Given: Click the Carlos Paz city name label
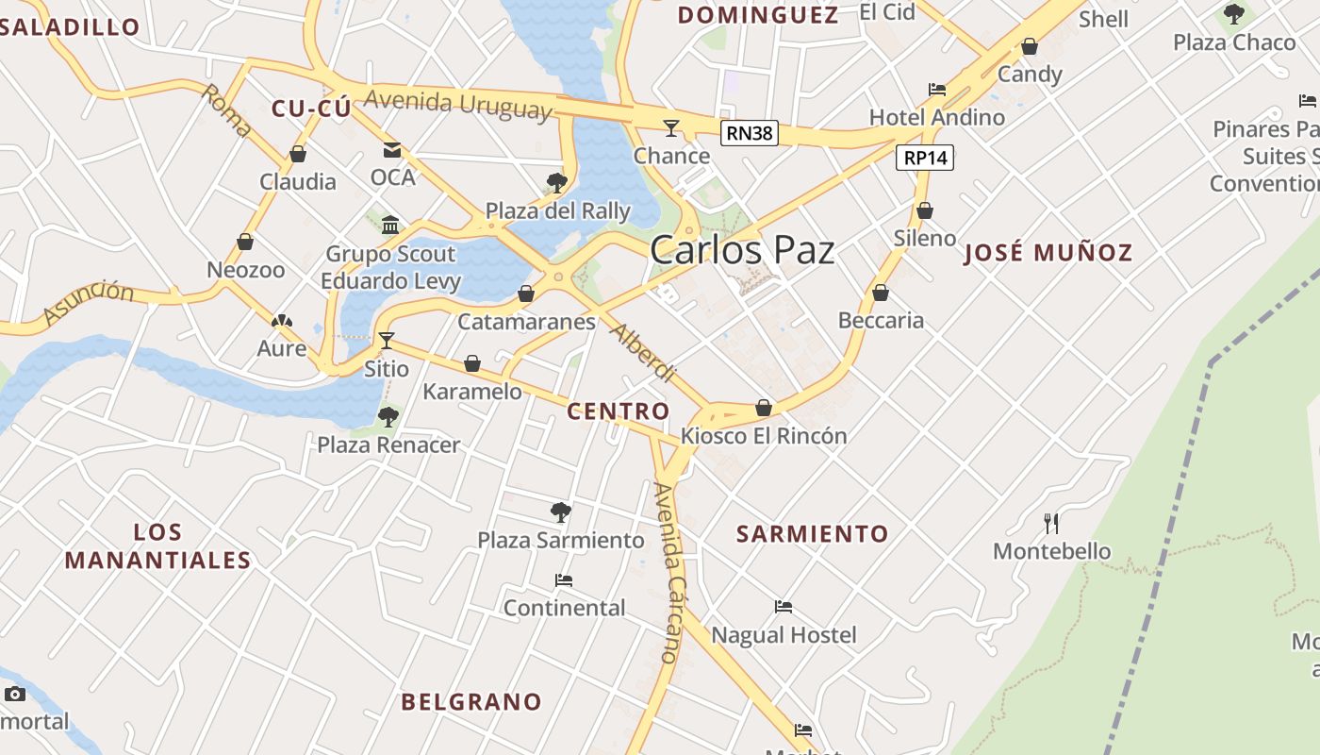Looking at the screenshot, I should click(x=742, y=250).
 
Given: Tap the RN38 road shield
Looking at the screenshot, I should click(x=750, y=133).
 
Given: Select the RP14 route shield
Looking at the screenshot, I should click(x=925, y=158).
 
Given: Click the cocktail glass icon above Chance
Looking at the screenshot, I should click(x=671, y=127).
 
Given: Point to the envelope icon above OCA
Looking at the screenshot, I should click(x=391, y=150).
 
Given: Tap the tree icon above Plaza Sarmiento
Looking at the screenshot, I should click(x=561, y=512).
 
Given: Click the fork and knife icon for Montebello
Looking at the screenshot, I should click(x=1052, y=523).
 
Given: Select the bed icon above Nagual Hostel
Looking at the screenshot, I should click(x=784, y=607).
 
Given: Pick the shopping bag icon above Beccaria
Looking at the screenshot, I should click(x=881, y=294).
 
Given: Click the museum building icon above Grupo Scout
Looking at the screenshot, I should click(x=390, y=225).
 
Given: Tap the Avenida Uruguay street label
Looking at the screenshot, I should click(x=457, y=104).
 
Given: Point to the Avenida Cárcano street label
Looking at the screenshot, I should click(x=668, y=572).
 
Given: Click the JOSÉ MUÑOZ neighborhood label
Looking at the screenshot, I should click(x=1048, y=253).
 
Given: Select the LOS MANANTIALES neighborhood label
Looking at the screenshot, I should click(x=157, y=546).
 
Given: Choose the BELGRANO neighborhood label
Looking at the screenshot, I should click(x=471, y=702).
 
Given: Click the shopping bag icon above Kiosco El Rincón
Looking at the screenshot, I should click(x=764, y=408).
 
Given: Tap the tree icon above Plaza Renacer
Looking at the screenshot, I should click(x=388, y=417).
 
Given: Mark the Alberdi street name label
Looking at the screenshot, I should click(x=642, y=353).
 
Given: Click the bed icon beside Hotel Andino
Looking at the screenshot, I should click(x=937, y=90).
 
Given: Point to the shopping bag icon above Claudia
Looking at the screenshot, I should click(x=298, y=154).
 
